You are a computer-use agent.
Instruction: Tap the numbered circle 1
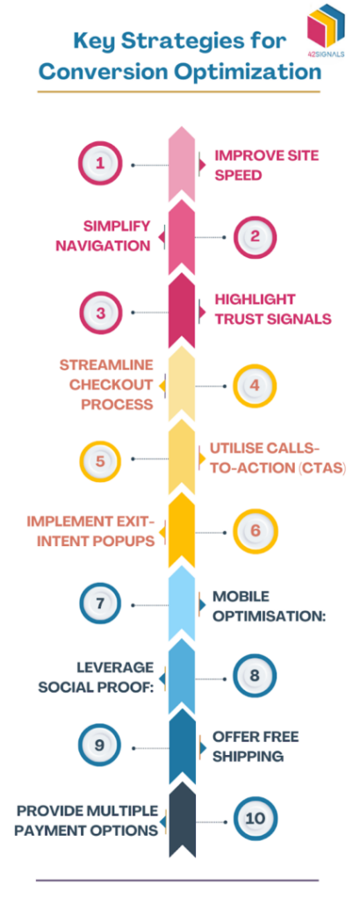click(x=103, y=163)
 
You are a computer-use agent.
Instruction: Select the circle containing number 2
click(x=255, y=236)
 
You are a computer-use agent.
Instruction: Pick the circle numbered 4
click(x=255, y=384)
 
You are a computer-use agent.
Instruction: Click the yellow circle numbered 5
click(x=103, y=458)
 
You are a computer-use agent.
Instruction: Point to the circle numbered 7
click(x=103, y=604)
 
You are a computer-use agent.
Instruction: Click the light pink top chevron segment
click(x=181, y=165)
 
